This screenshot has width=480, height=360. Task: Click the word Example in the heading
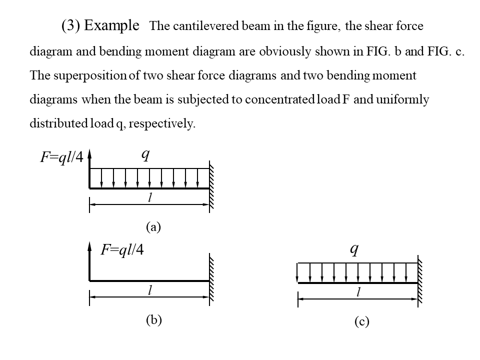point(112,25)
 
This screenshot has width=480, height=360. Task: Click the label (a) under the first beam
point(153,227)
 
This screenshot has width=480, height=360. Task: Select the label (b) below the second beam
point(153,320)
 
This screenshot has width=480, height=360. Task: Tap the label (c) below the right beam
point(361,322)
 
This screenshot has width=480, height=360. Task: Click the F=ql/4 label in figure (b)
point(122,249)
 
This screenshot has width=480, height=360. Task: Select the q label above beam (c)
point(354,248)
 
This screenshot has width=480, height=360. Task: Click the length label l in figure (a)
point(149,198)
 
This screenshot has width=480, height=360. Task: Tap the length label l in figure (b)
point(149,290)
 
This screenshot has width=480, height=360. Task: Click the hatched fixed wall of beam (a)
point(212,185)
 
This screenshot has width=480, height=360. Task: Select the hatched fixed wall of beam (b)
point(212,277)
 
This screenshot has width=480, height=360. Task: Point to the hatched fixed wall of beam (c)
point(420,280)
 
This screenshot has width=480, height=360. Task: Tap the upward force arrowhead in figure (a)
point(90,155)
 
